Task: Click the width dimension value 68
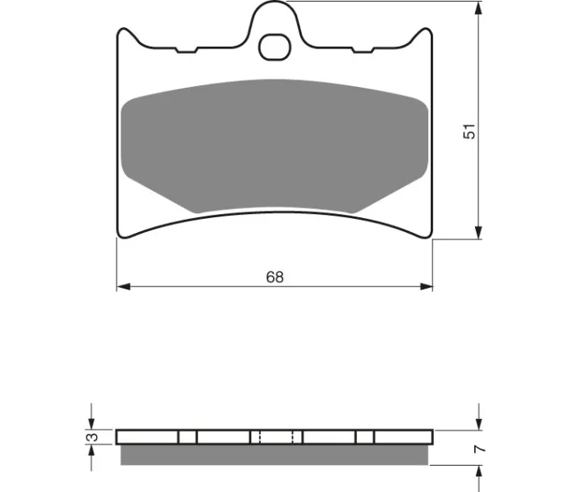click(275, 277)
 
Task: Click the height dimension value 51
click(469, 131)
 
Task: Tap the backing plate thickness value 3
click(94, 437)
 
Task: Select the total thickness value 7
click(480, 449)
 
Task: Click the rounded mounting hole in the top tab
click(275, 48)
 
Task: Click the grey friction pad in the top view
click(275, 146)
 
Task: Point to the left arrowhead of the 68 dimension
click(123, 287)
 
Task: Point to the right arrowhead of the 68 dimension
click(427, 287)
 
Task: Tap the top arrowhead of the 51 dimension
click(479, 8)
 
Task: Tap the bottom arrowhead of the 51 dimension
click(479, 233)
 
